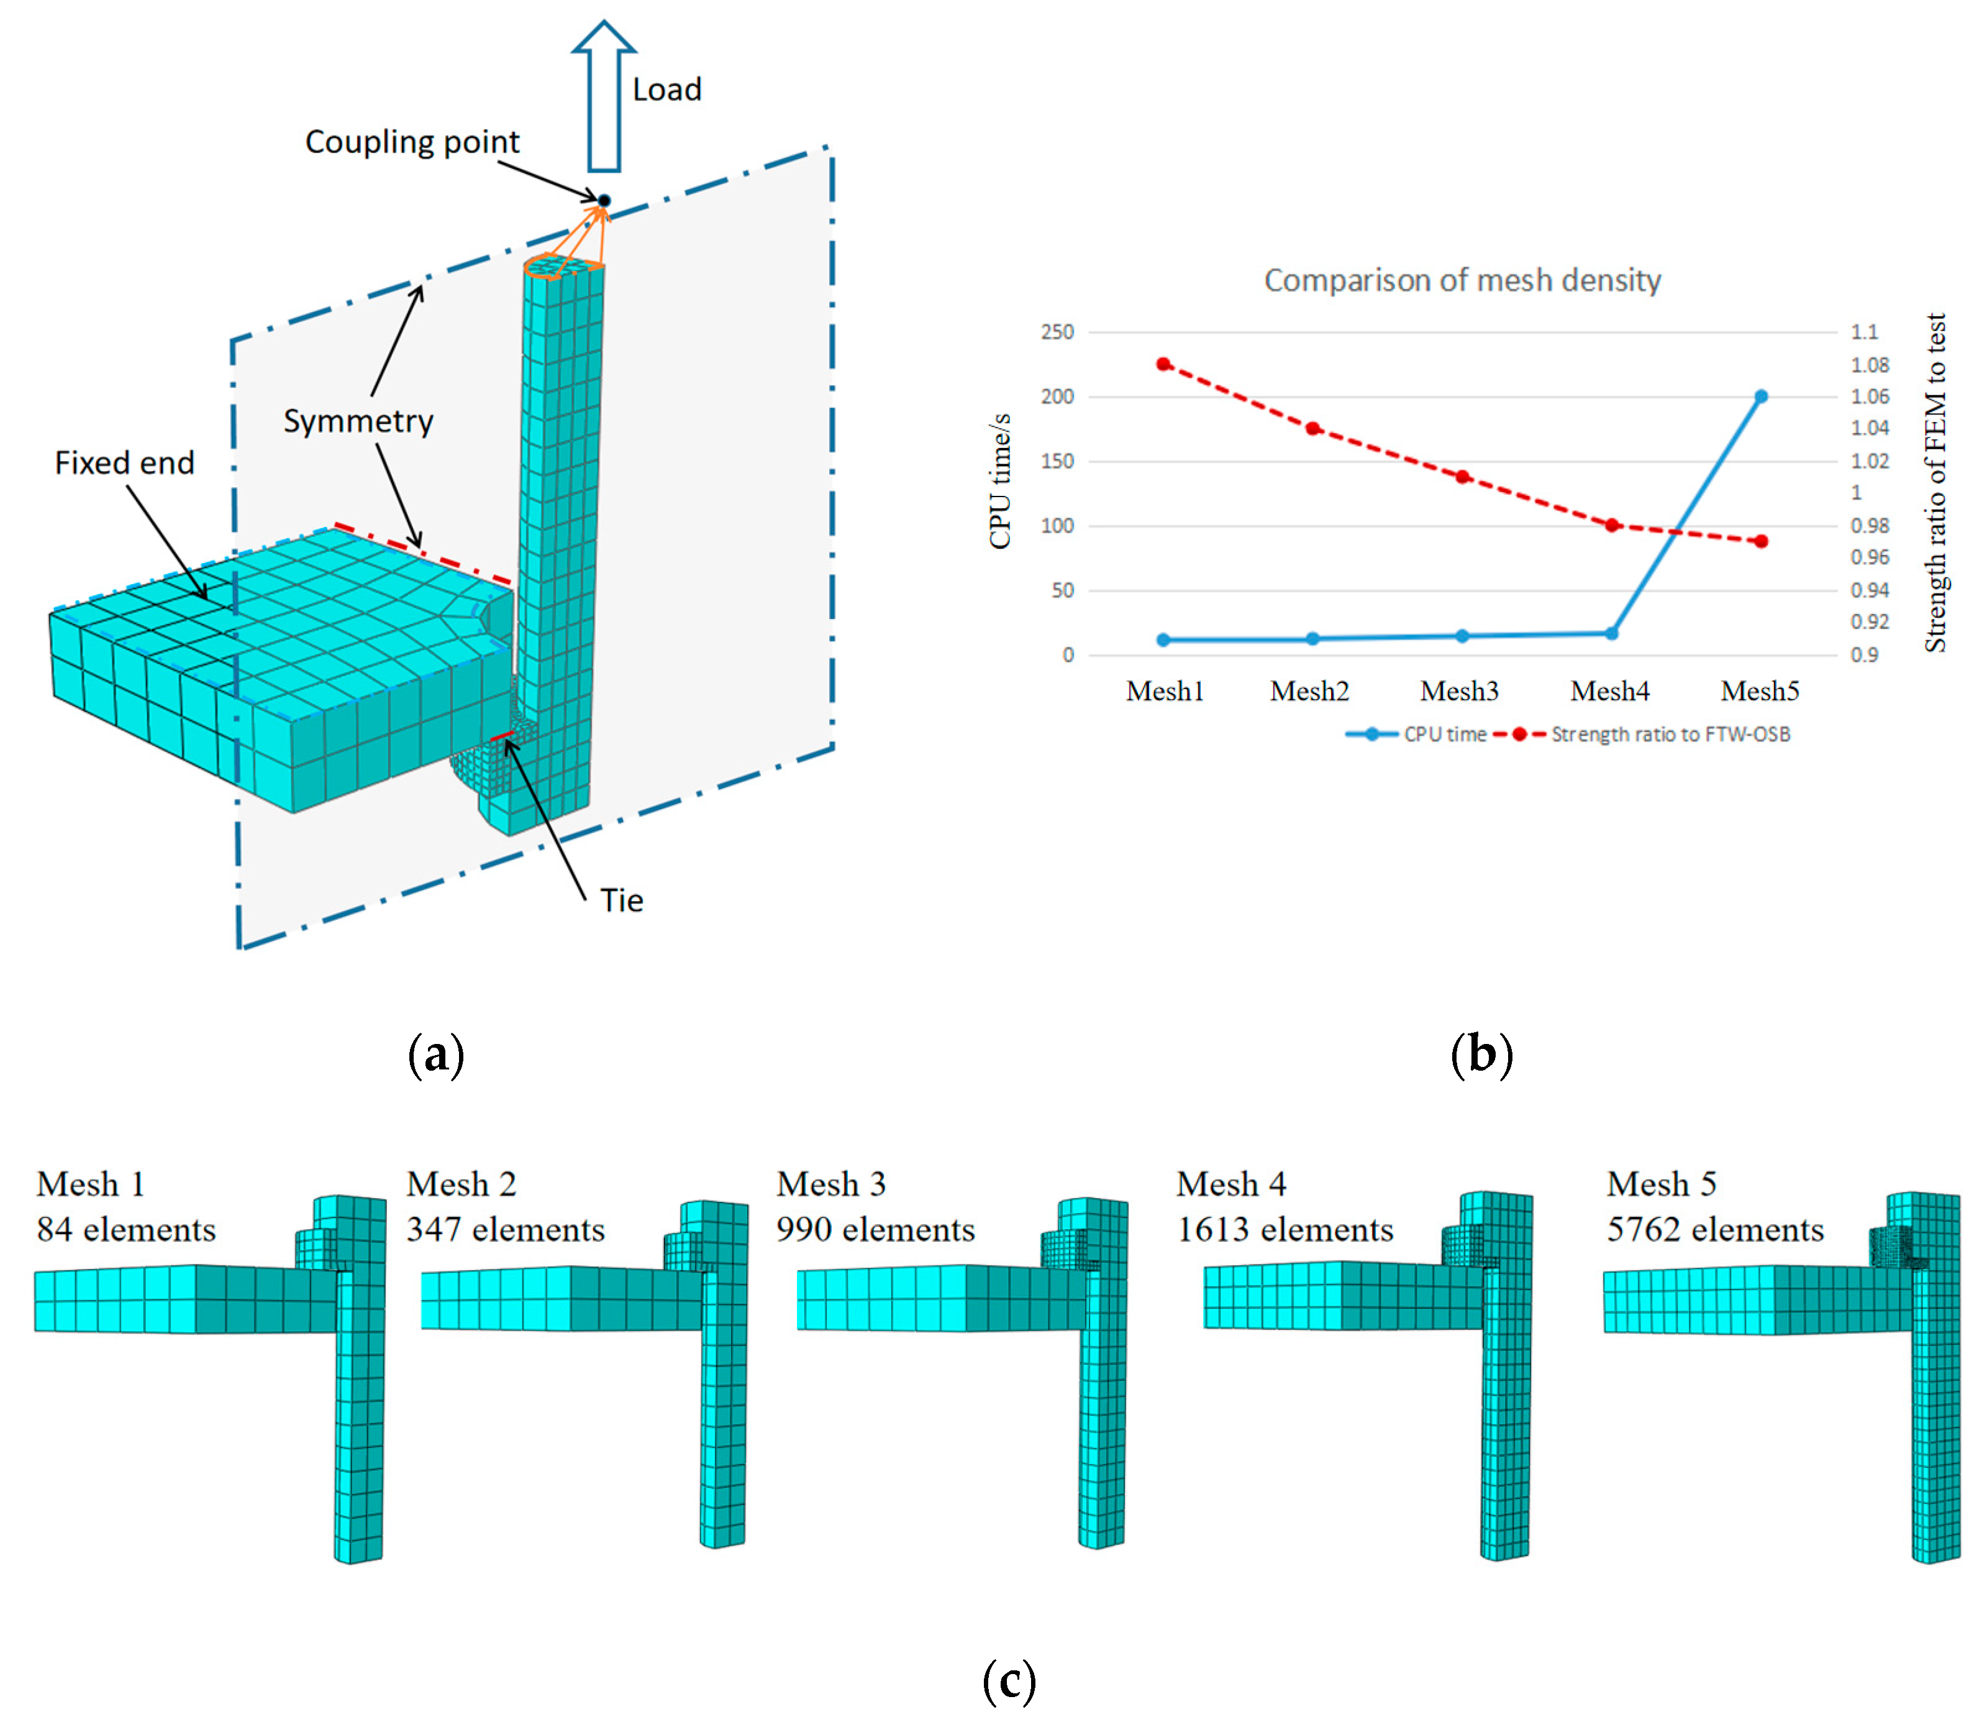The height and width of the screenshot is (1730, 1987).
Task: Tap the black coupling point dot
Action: click(x=604, y=201)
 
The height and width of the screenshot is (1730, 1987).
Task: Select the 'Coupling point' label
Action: click(x=412, y=142)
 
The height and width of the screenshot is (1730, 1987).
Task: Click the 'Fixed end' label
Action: click(x=124, y=464)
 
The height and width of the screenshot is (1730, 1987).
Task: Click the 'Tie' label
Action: click(x=622, y=900)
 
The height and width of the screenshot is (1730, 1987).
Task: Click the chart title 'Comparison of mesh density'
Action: click(x=1462, y=280)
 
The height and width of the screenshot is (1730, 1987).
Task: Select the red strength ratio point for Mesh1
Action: click(x=1164, y=364)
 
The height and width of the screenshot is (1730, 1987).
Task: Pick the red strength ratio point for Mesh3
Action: click(x=1463, y=477)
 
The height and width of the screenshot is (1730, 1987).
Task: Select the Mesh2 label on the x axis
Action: click(x=1309, y=691)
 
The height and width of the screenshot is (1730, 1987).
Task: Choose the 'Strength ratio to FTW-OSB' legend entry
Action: click(x=1670, y=735)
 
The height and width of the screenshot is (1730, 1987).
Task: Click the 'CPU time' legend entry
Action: click(x=1445, y=735)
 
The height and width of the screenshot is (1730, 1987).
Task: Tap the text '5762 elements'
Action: click(x=1715, y=1230)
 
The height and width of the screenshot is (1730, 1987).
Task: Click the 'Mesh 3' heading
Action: click(x=831, y=1184)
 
